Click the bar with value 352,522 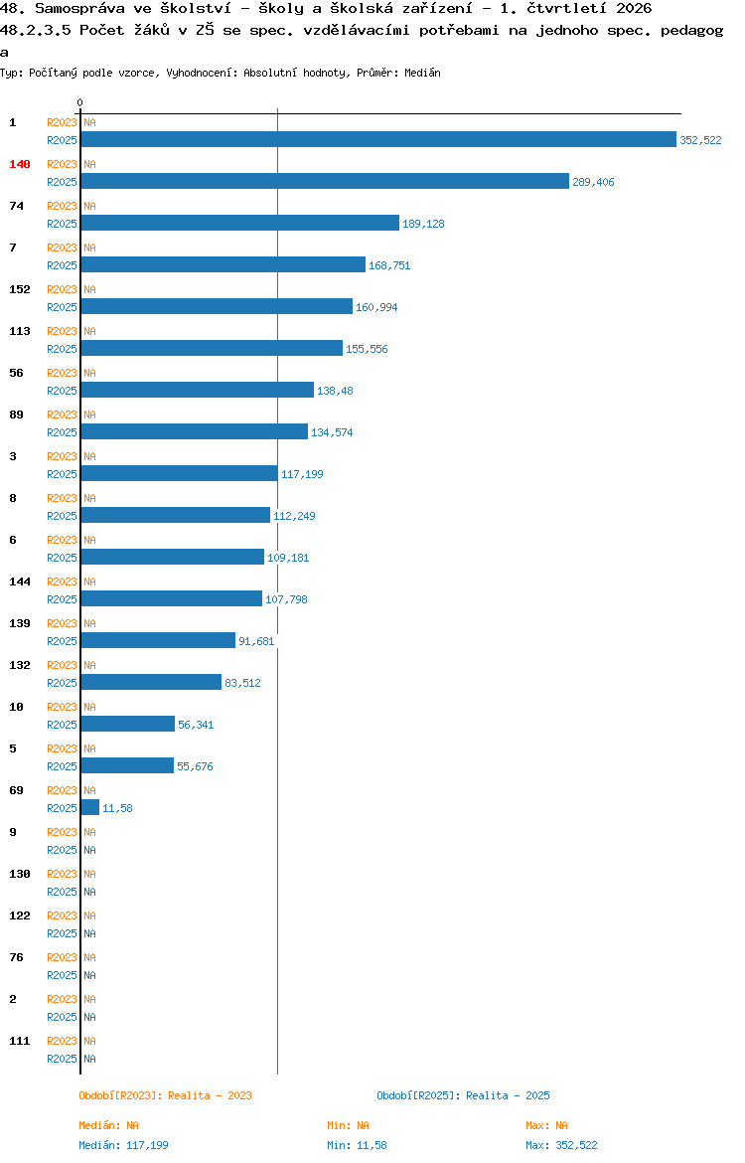pos(378,139)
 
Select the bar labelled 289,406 pos(325,181)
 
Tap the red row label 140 pos(19,164)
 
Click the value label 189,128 pos(423,224)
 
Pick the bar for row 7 pos(223,264)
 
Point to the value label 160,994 pos(376,307)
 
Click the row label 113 pos(19,331)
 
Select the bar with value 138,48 pos(198,390)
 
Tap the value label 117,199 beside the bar pos(302,474)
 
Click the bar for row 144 pos(171,598)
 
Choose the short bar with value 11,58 pos(89,807)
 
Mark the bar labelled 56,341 pos(127,724)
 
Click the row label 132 pos(19,665)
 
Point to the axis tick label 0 pos(80,102)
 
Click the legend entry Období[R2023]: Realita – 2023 pos(165,1095)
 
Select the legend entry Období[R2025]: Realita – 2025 pos(463,1095)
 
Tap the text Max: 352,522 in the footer pos(561,1145)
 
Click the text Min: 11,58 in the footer pos(357,1145)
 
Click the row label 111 pos(19,1041)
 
